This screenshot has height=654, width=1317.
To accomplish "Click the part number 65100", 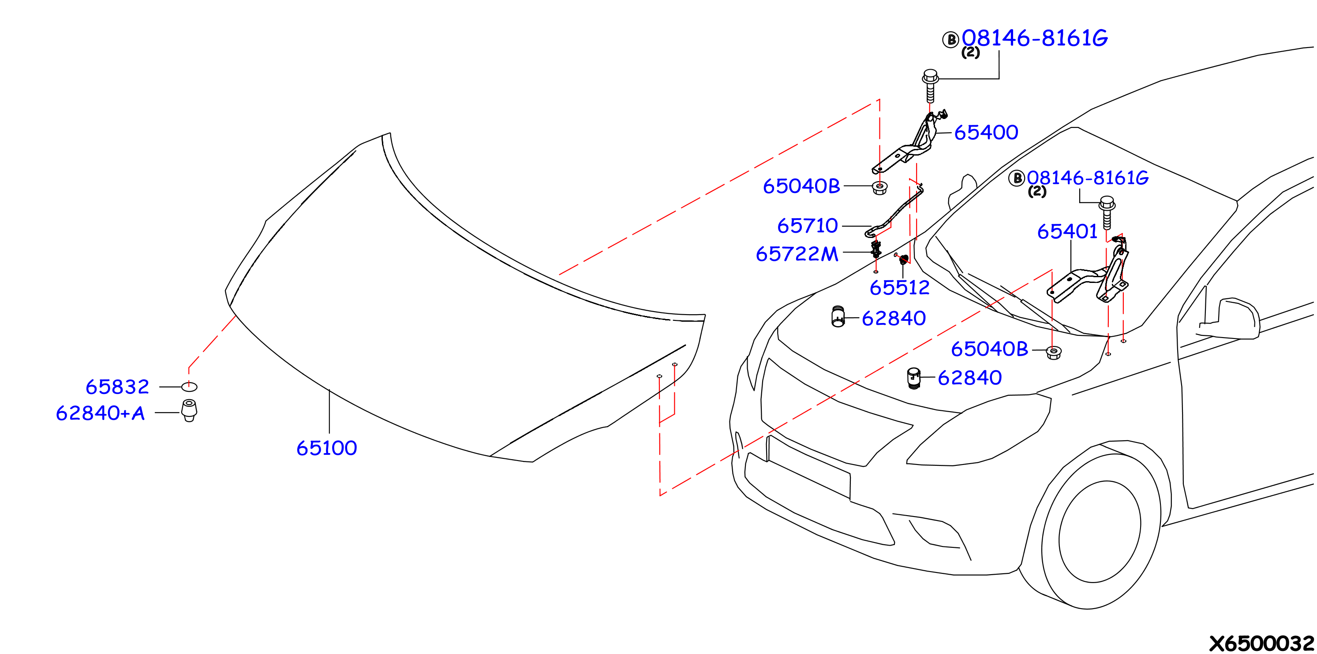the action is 327,448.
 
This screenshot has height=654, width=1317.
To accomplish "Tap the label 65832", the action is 118,387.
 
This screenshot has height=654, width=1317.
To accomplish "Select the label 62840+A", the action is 100,413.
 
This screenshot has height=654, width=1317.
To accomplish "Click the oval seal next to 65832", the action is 189,387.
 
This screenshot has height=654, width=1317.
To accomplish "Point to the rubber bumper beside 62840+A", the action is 189,410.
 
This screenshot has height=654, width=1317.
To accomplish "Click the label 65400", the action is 986,132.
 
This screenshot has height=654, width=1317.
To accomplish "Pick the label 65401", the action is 1067,231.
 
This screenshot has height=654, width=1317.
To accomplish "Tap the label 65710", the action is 807,226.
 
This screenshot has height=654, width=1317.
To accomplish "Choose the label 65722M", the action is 797,254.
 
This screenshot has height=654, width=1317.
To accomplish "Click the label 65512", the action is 899,288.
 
